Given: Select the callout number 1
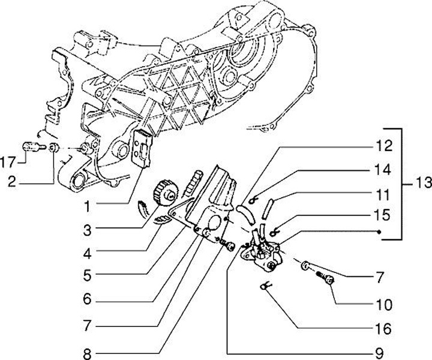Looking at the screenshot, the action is coord(88,206).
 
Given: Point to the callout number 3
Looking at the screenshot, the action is coord(88,229).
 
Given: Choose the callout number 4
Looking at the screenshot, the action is coord(88,254).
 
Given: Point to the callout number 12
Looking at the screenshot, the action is coord(382,146).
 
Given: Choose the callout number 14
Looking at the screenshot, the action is coord(382,170).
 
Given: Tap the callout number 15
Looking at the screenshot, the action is coord(382,214).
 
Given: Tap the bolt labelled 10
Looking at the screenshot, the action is coord(328,278).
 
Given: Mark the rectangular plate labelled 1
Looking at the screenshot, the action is coord(142,146).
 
